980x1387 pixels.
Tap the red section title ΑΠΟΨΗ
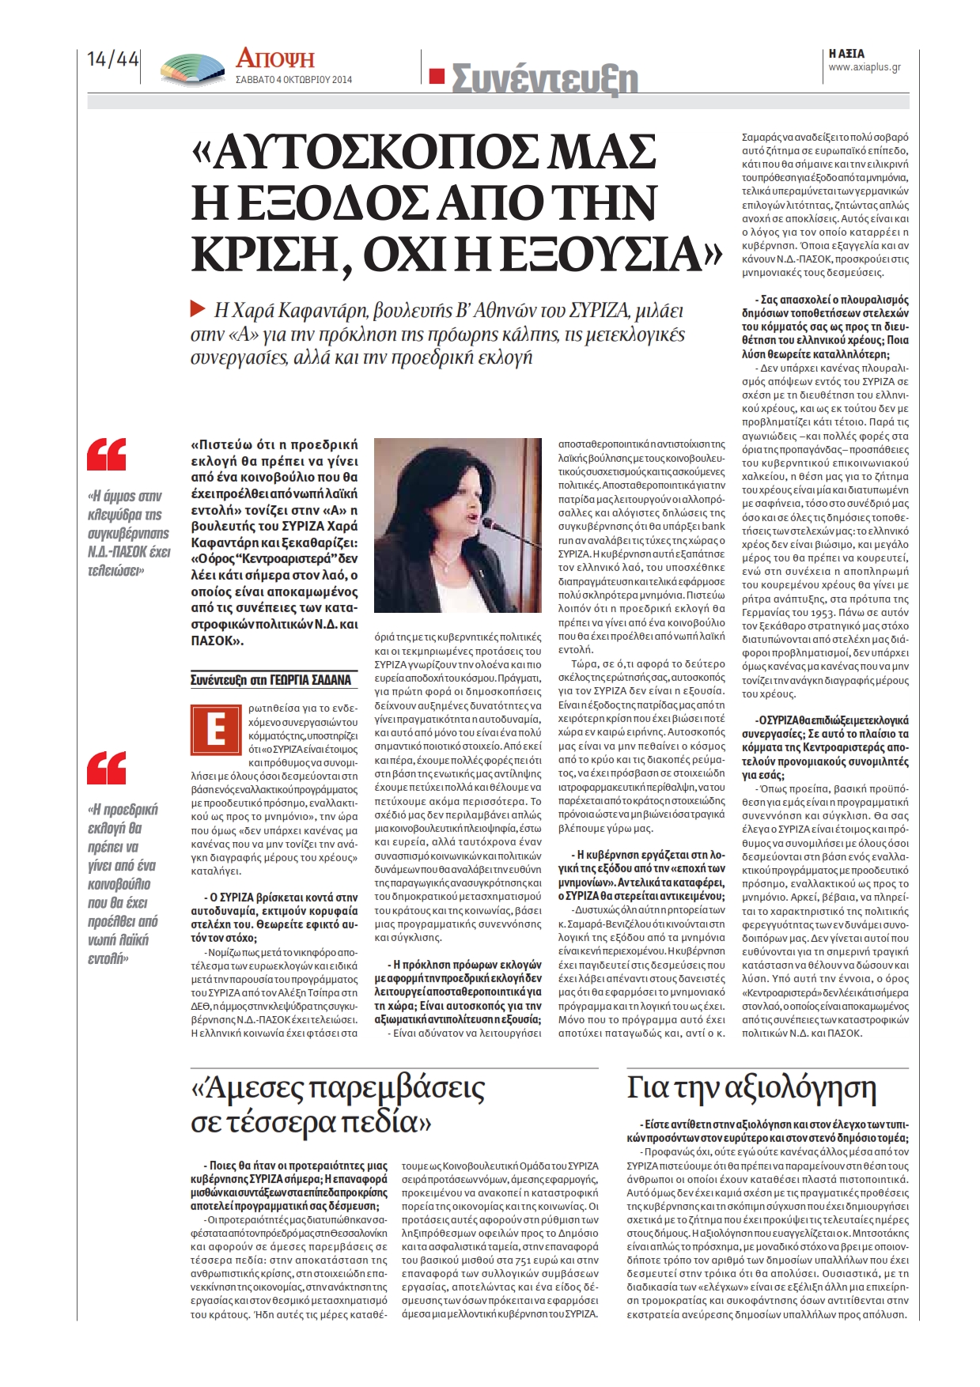[274, 59]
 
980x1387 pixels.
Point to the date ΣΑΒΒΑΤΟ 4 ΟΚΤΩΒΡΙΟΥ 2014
[293, 80]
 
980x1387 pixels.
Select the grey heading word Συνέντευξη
[544, 79]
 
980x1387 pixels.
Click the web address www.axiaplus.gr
[865, 67]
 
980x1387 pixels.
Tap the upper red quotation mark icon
[106, 455]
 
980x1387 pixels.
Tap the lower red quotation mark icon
[106, 768]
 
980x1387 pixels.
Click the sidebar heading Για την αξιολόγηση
[751, 1090]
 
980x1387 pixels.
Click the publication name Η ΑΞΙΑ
[846, 54]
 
